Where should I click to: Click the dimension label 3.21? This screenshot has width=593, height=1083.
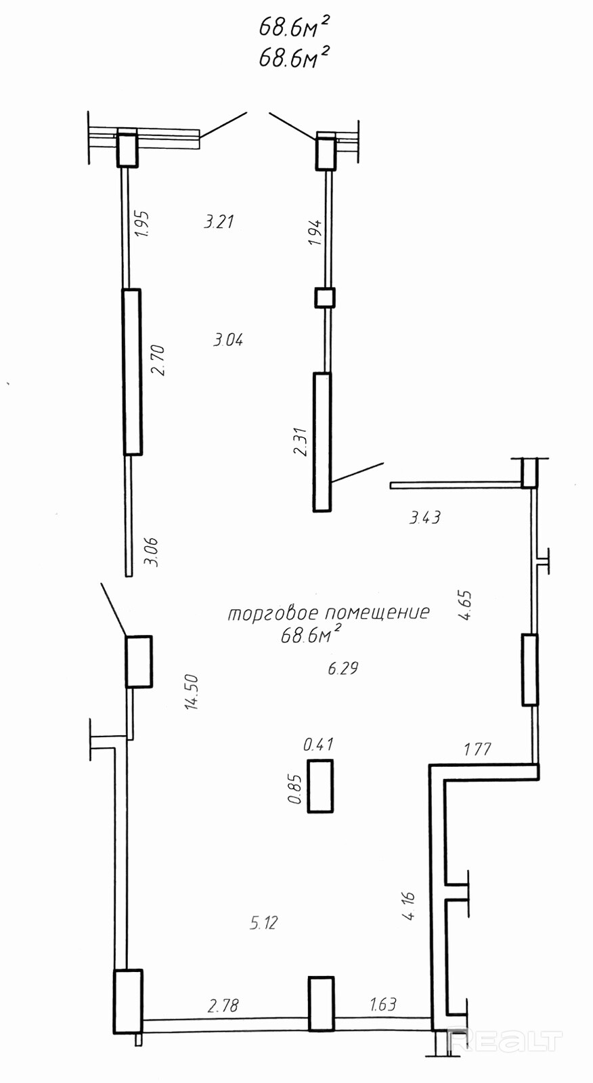[219, 221]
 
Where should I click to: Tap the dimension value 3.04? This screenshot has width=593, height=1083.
[227, 340]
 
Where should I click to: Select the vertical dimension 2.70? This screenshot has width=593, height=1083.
[158, 360]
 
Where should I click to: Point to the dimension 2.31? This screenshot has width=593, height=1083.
[301, 441]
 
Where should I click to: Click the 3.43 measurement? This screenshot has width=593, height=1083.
[424, 518]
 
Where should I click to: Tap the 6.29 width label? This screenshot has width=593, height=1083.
[343, 669]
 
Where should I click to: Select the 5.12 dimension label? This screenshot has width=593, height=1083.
[263, 923]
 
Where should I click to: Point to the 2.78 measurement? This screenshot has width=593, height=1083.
[223, 1006]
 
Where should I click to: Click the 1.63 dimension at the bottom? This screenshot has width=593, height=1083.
[383, 1004]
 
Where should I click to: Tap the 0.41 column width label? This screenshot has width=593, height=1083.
[318, 745]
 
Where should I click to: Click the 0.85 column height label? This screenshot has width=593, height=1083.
[294, 789]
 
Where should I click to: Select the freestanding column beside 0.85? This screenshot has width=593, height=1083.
[320, 786]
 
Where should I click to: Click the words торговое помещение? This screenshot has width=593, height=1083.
[328, 613]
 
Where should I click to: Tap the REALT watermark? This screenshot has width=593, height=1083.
[505, 1040]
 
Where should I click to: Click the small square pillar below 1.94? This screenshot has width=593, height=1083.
[325, 297]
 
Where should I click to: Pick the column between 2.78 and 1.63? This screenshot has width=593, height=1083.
[321, 1003]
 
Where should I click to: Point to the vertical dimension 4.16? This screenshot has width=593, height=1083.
[408, 906]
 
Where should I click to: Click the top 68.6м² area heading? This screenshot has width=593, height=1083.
[294, 27]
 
